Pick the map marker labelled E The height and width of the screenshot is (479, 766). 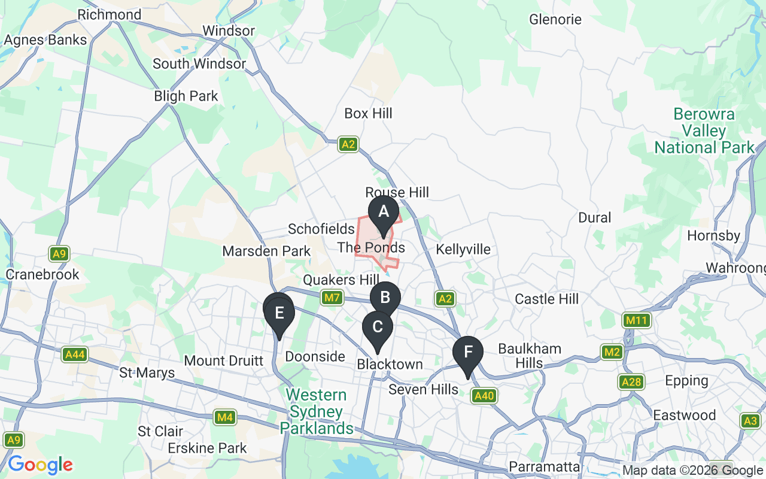[279, 313]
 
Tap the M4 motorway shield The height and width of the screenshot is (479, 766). [224, 417]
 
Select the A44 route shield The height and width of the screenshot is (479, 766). [75, 355]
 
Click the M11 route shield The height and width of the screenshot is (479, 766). [636, 320]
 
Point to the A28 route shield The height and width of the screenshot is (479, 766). [631, 382]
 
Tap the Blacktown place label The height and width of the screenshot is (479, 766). [390, 364]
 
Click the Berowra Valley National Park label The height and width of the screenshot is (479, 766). [704, 131]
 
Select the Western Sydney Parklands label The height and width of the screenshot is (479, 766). [317, 411]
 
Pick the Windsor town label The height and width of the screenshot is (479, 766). [229, 31]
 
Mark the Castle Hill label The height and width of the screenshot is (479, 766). [546, 298]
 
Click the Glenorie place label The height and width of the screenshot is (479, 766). [555, 19]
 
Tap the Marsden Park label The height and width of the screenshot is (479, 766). [266, 251]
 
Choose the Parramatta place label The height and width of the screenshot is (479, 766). [544, 466]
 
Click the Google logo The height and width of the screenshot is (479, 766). [40, 465]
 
